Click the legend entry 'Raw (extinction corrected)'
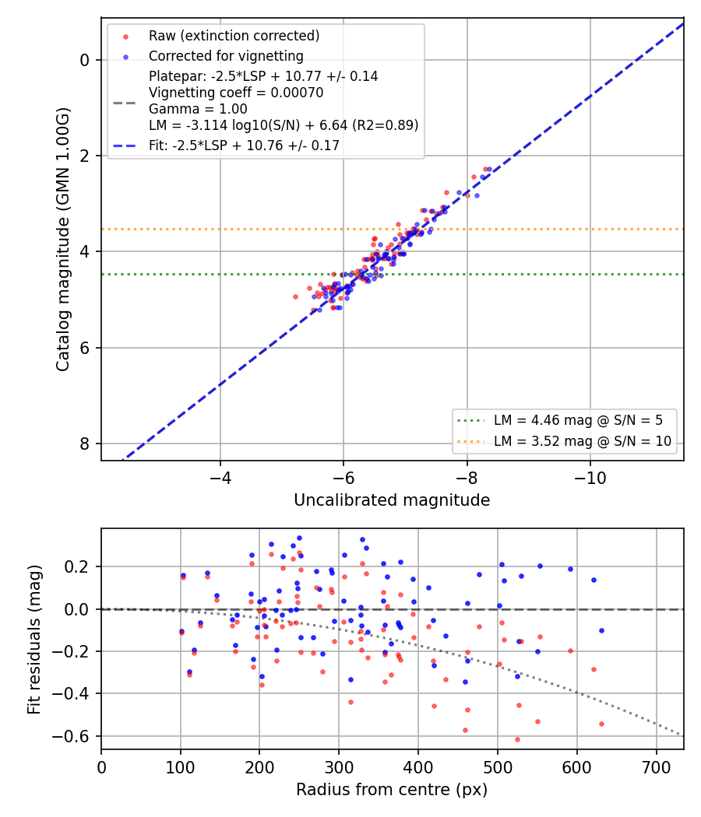coord(234,36)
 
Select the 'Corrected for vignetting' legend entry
coord(226,56)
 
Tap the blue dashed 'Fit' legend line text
coord(244,146)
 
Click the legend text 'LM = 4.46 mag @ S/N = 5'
coord(578,420)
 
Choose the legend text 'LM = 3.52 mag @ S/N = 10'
coord(582,441)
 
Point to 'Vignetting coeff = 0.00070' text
coord(236,93)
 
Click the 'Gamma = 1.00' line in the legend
coord(198,109)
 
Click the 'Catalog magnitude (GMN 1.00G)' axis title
coord(62,239)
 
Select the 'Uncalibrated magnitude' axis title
coord(392,500)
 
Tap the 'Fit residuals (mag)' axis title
coord(34,640)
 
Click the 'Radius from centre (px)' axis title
coord(392,790)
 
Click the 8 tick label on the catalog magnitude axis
coord(84,444)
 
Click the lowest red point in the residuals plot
coord(517,739)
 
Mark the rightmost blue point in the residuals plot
coord(601,630)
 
